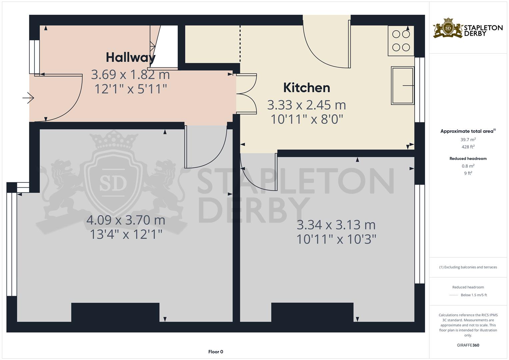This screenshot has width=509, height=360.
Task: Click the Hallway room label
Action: (131, 57)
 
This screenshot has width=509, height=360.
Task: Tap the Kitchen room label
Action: (307, 87)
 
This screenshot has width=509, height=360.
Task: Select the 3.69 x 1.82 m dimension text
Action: (130, 75)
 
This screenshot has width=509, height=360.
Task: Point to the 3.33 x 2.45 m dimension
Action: (307, 105)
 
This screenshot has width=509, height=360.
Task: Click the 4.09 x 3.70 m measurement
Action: (126, 220)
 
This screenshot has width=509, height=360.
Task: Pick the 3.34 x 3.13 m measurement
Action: (336, 225)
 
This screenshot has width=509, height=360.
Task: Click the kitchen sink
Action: (402, 85)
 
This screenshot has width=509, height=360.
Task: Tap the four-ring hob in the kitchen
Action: (401, 41)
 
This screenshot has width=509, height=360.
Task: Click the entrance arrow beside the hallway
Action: (28, 98)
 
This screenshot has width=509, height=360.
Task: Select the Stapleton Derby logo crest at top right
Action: (448, 28)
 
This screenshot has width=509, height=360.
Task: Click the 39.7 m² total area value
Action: (468, 139)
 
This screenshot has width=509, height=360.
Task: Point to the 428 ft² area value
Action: (468, 147)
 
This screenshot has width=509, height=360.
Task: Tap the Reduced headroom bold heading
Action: (468, 158)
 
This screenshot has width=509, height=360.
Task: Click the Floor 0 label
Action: (216, 352)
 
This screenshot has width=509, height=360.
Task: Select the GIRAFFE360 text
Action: (468, 345)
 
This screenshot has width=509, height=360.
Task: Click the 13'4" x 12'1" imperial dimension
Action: (126, 234)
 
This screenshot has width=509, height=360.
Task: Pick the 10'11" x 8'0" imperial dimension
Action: (307, 119)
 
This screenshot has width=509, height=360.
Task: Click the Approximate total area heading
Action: (468, 131)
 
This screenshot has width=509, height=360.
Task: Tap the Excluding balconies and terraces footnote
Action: (468, 267)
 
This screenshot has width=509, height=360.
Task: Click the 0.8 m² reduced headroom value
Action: (468, 166)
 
